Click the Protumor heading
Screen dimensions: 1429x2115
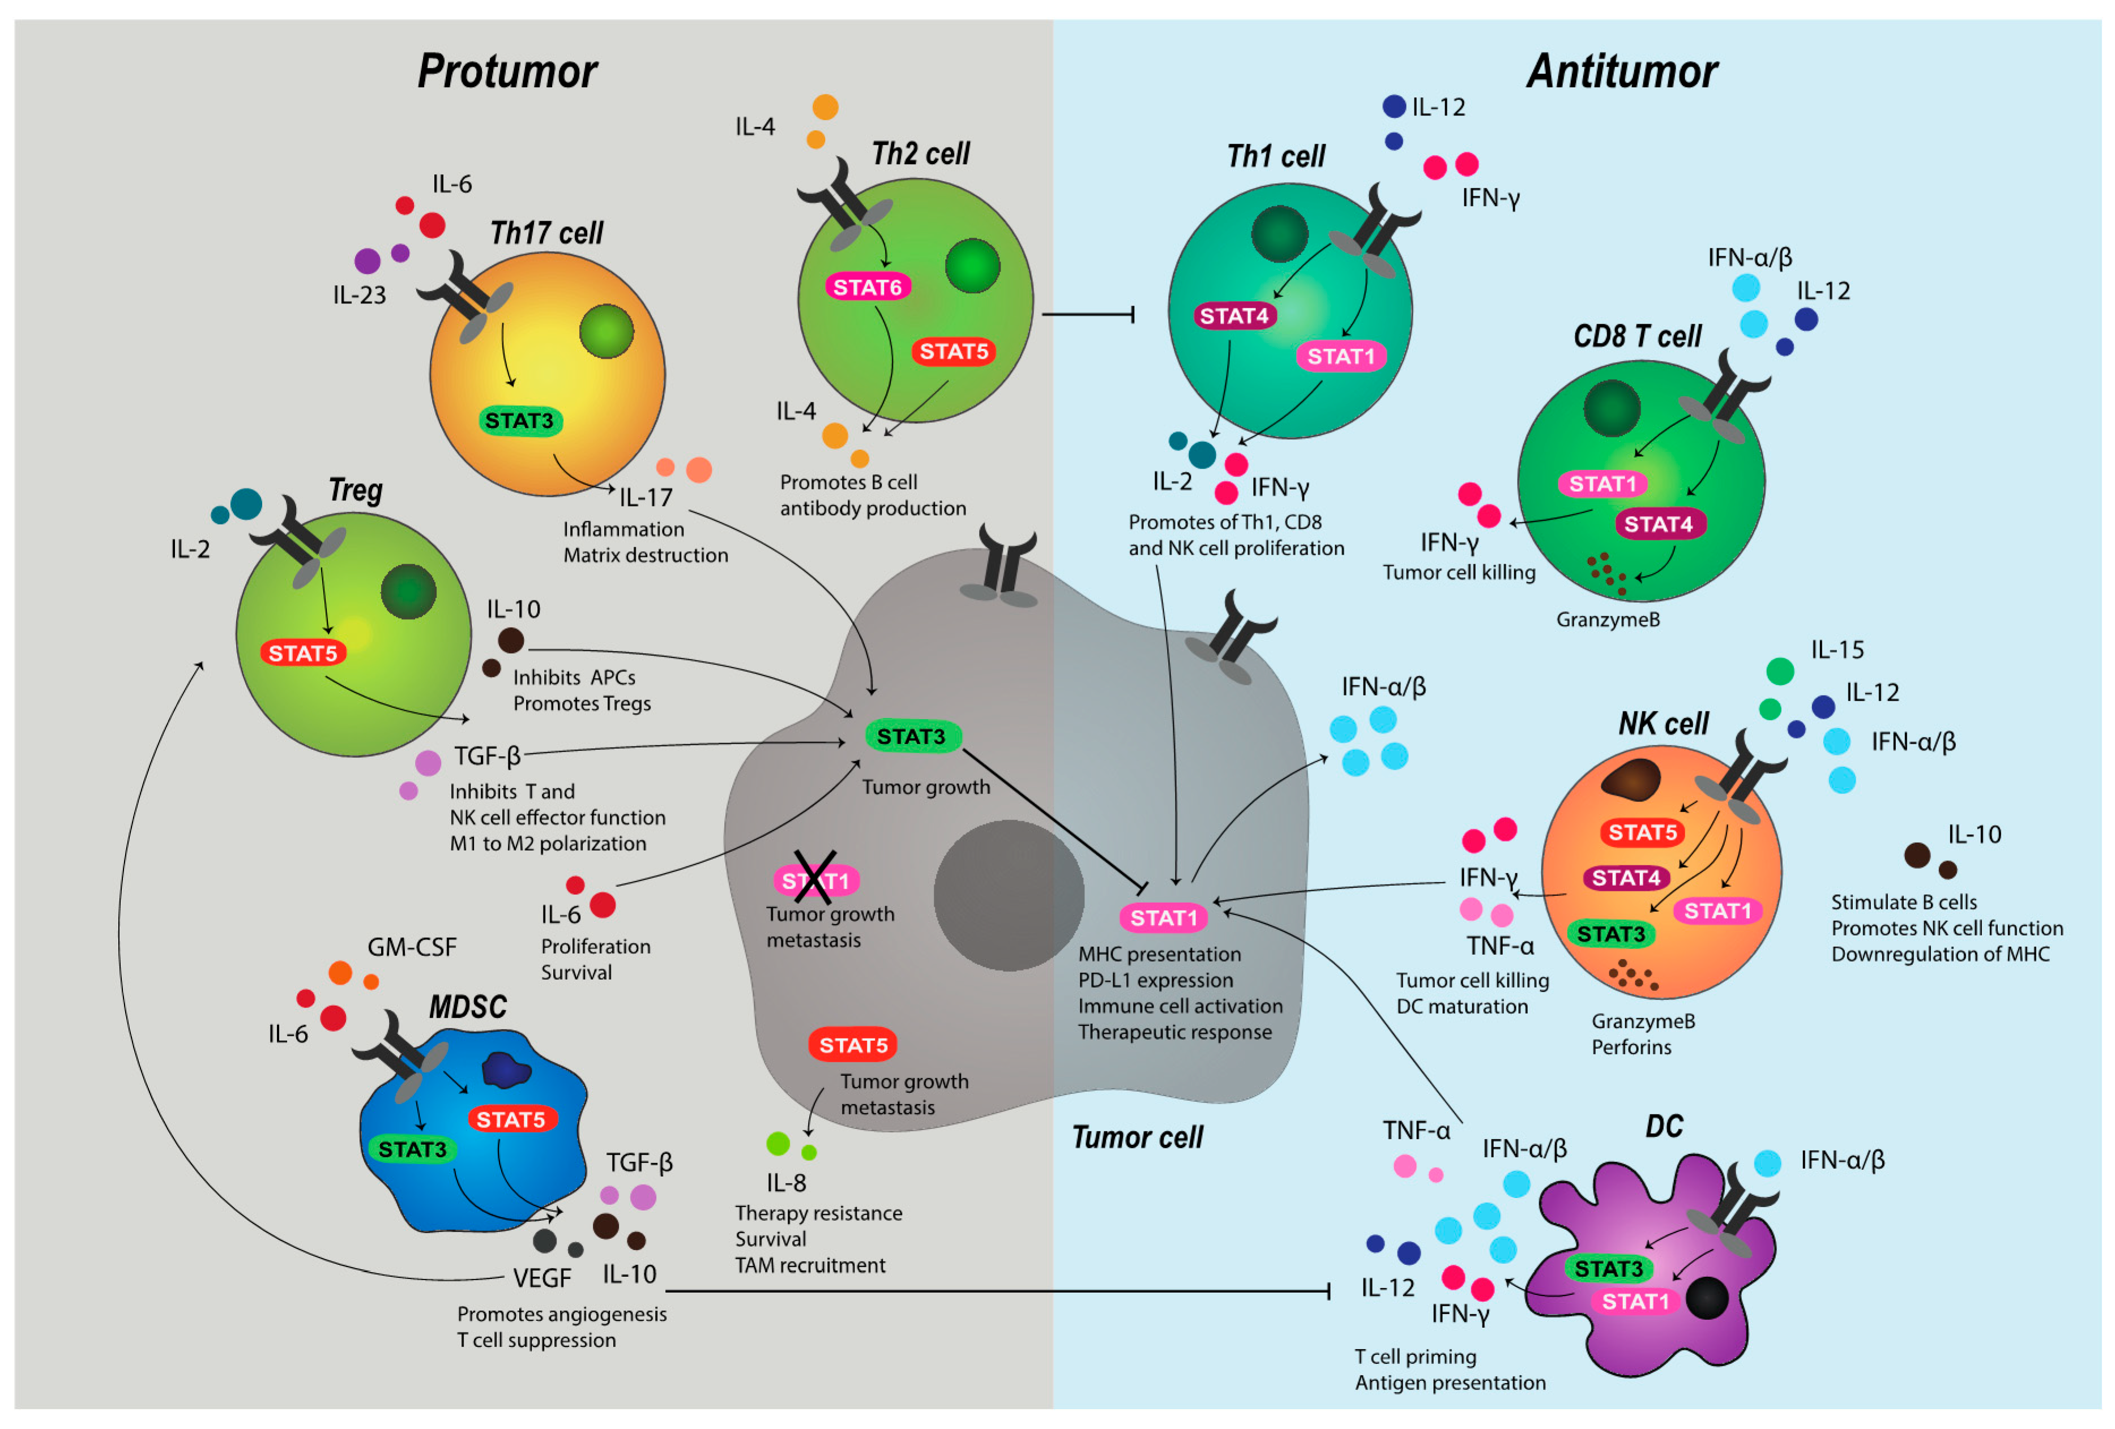click(x=507, y=71)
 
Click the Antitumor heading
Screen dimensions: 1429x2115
click(x=1622, y=71)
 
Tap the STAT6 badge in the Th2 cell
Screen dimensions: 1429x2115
click(x=868, y=287)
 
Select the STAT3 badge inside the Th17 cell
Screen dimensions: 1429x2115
click(x=520, y=421)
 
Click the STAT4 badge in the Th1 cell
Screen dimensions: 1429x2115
click(x=1234, y=316)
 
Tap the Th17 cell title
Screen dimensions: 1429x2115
click(x=546, y=234)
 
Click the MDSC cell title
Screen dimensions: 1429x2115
click(x=468, y=1007)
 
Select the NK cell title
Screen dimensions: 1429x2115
click(x=1663, y=724)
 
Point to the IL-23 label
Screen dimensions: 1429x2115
click(x=360, y=295)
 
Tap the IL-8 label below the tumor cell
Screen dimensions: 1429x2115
click(x=787, y=1182)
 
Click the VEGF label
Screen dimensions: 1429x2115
click(x=542, y=1278)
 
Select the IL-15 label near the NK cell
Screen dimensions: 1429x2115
click(x=1836, y=650)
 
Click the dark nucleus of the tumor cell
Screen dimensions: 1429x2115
click(x=1009, y=895)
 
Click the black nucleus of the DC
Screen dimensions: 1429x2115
click(x=1706, y=1299)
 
